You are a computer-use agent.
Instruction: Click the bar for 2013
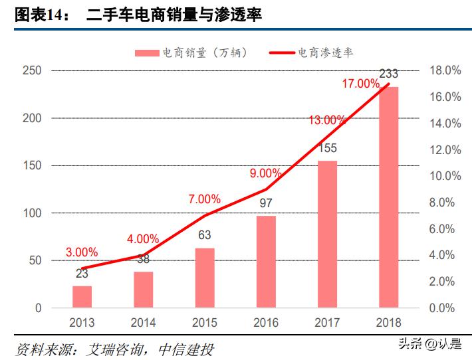pyautogui.click(x=82, y=297)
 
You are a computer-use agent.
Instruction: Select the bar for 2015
pyautogui.click(x=205, y=278)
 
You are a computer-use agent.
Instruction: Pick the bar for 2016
pyautogui.click(x=266, y=262)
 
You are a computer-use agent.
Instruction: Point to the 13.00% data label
pyautogui.click(x=327, y=120)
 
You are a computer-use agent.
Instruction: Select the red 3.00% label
pyautogui.click(x=82, y=252)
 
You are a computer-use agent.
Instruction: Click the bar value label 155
pyautogui.click(x=327, y=147)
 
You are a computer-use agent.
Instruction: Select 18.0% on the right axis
pyautogui.click(x=445, y=70)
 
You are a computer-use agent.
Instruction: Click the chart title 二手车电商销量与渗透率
pyautogui.click(x=174, y=15)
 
